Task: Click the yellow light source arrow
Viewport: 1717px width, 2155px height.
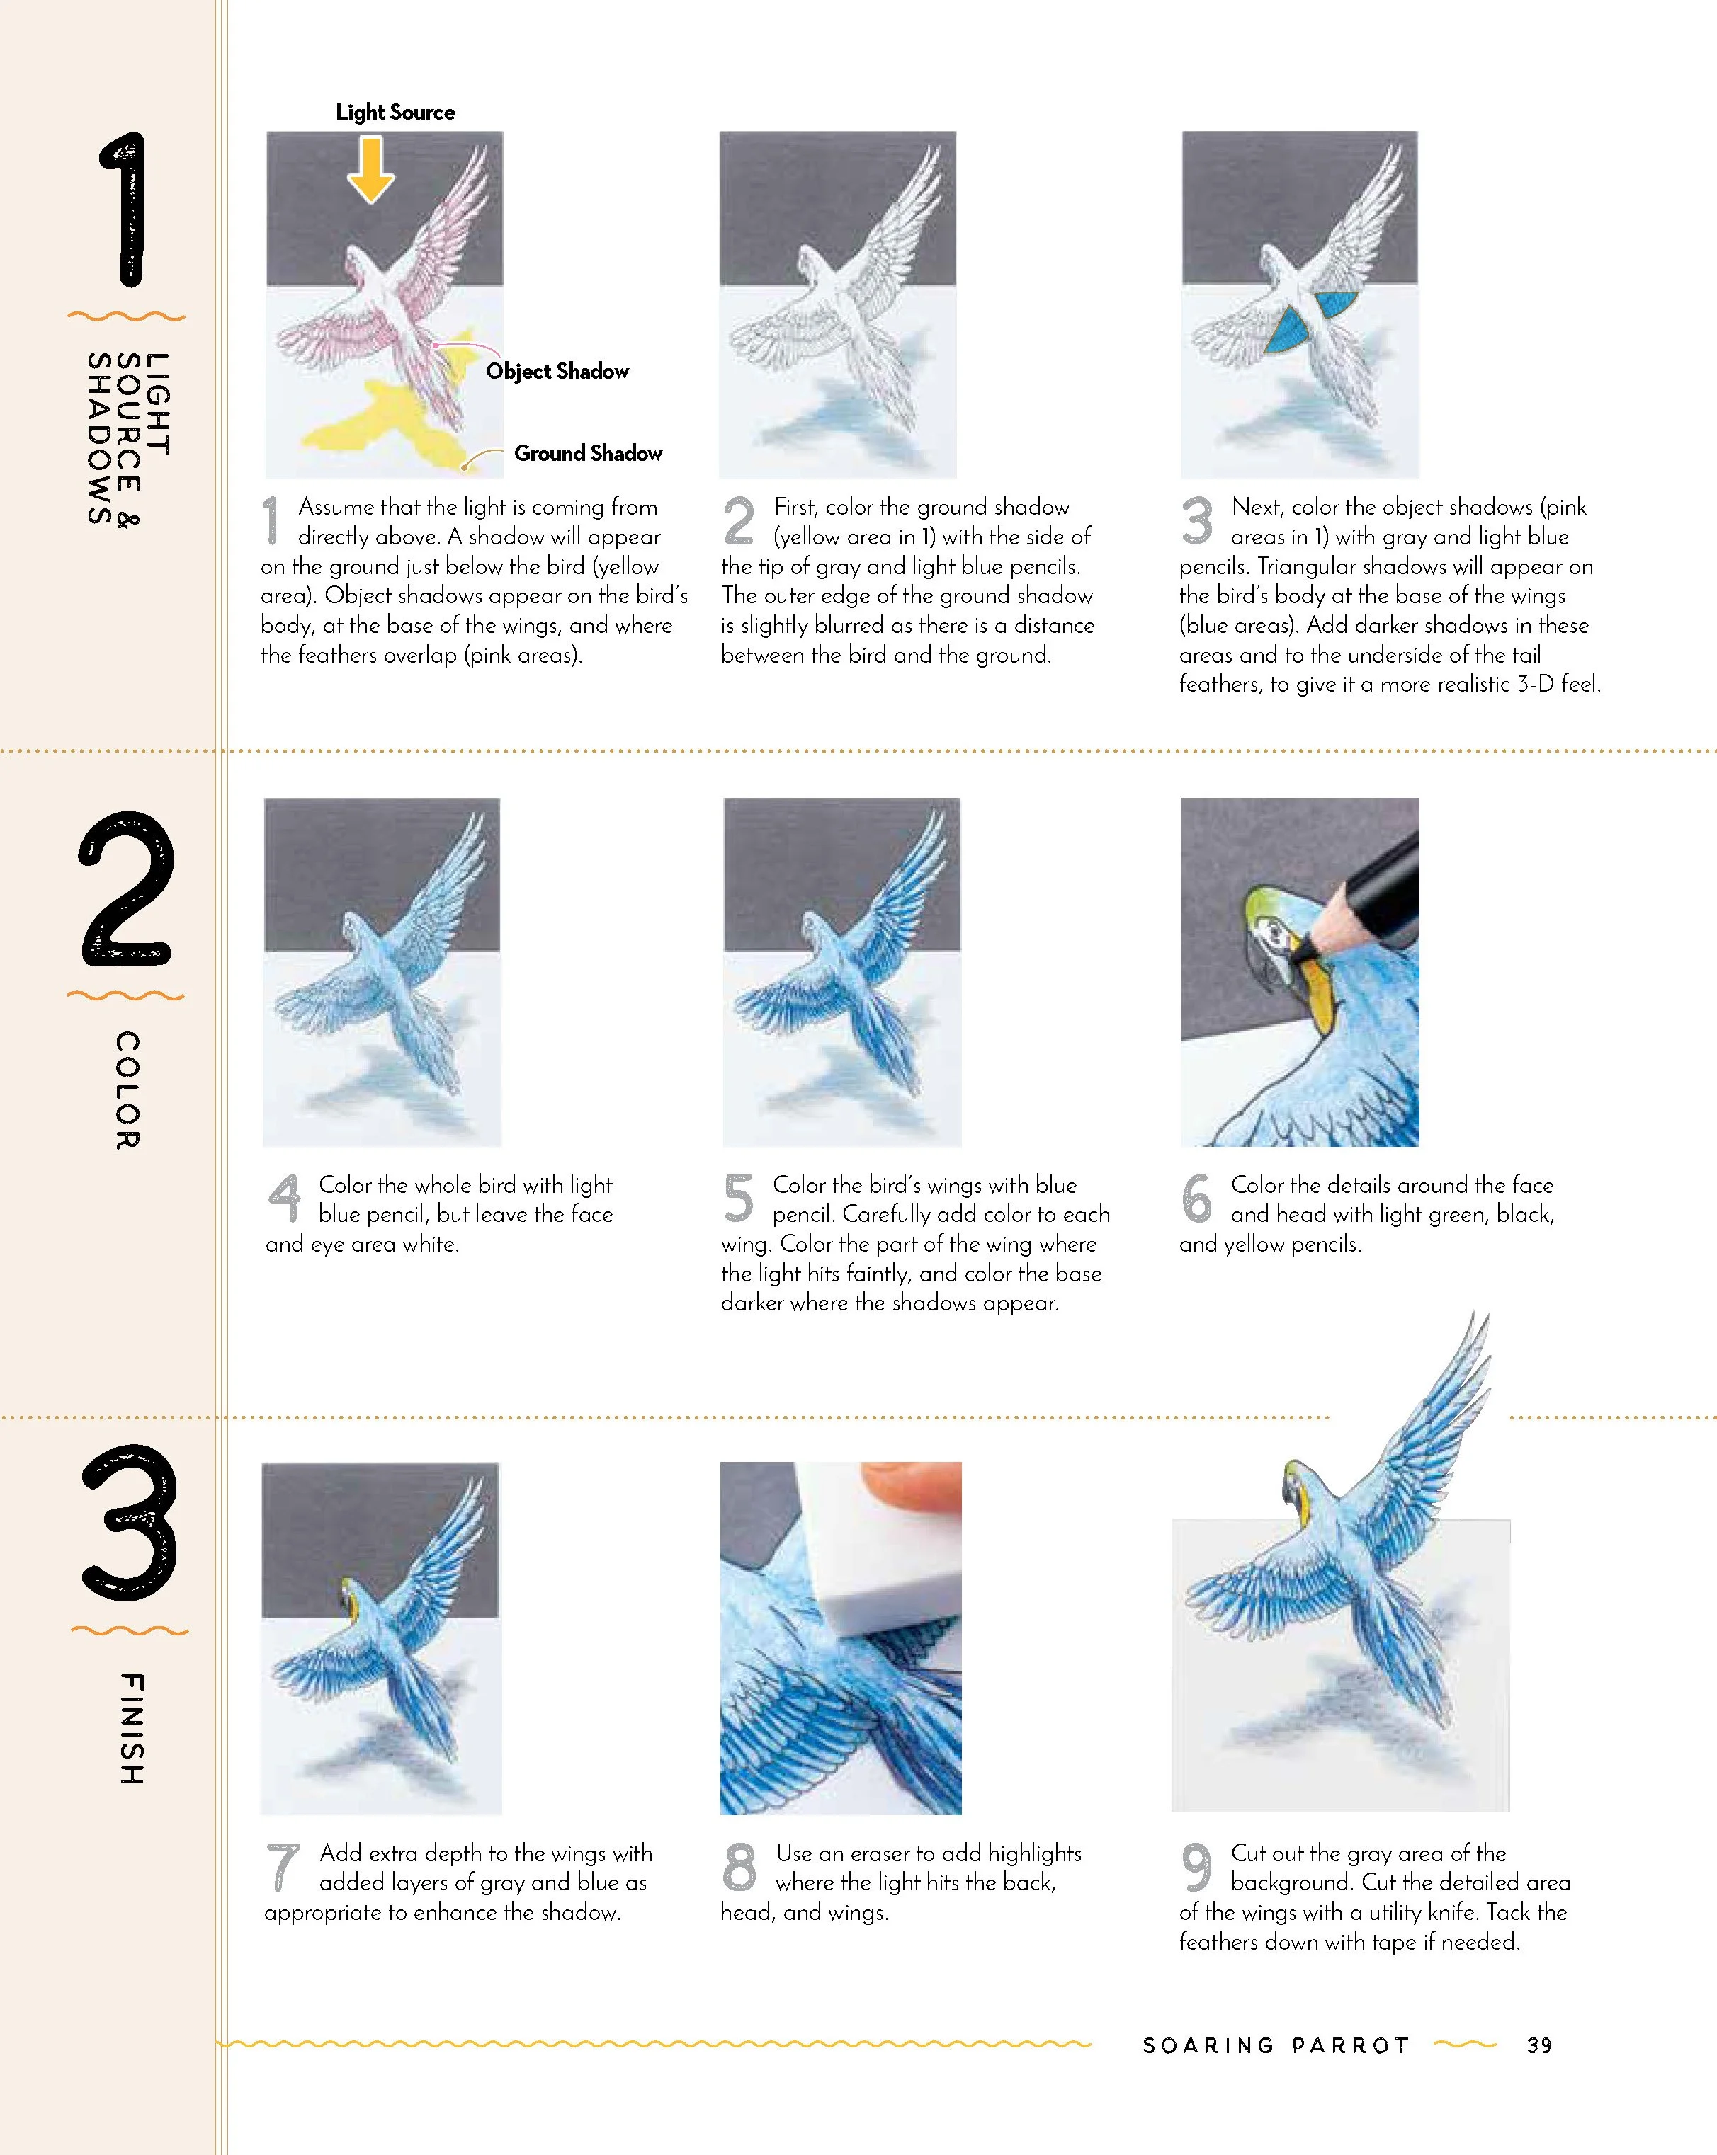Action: [x=371, y=170]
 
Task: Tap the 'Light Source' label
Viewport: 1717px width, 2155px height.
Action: [x=395, y=112]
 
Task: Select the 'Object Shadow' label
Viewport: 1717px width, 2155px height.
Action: [x=557, y=371]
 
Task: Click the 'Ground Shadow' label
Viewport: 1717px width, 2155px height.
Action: [x=588, y=453]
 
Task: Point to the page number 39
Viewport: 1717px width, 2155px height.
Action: [x=1540, y=2045]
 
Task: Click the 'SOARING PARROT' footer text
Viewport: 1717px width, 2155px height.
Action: [x=1276, y=2045]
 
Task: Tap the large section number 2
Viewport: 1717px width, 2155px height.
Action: [x=127, y=888]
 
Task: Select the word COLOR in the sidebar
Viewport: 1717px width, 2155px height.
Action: [x=128, y=1090]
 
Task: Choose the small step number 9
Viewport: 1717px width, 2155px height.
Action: [x=1196, y=1866]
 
